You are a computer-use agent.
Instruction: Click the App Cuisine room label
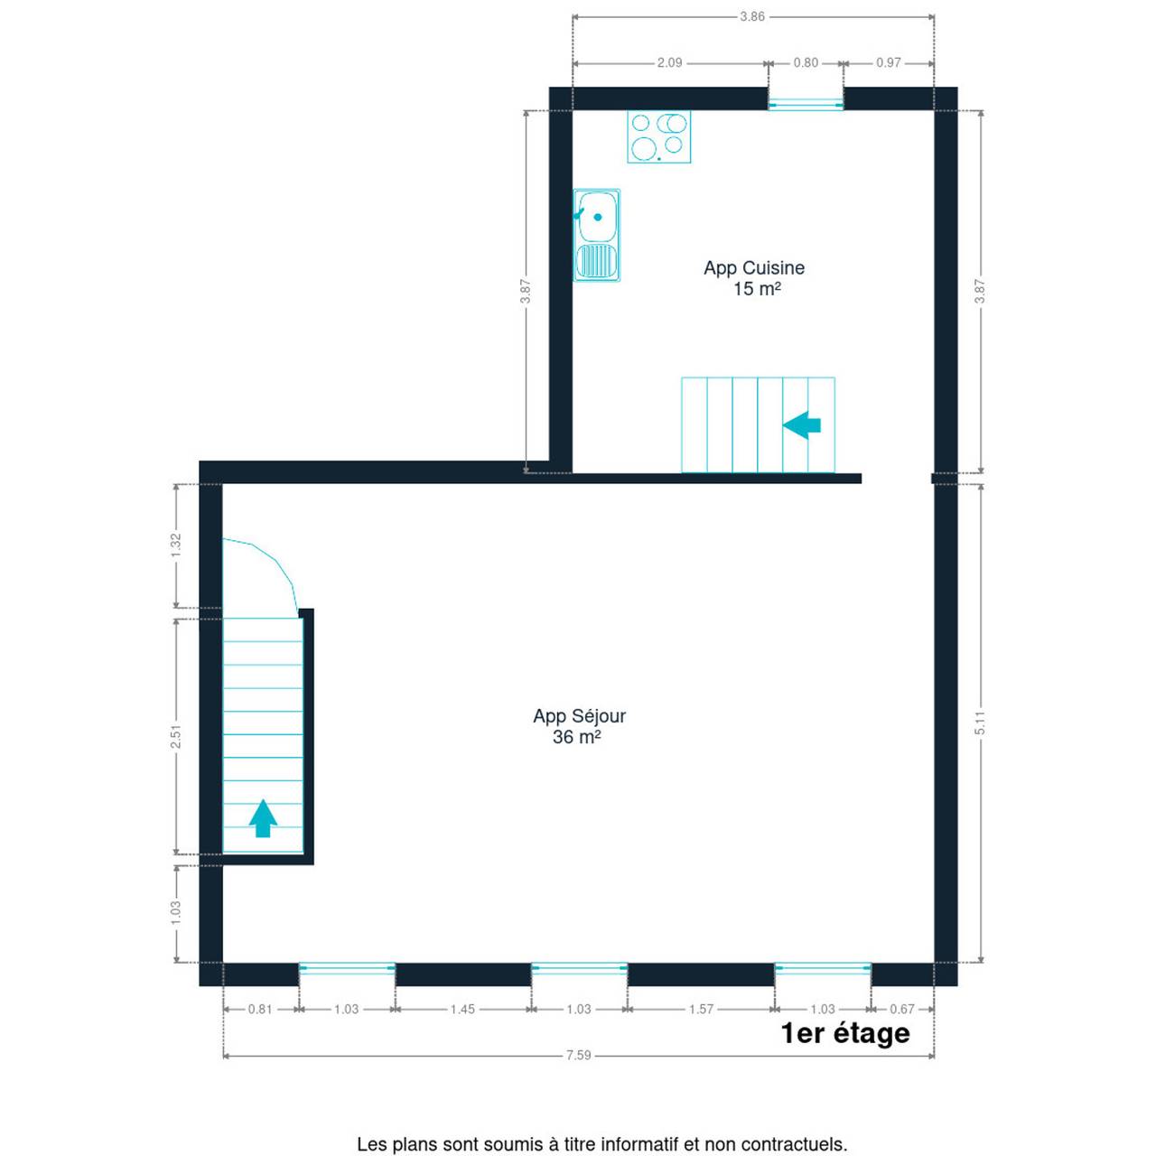(x=753, y=277)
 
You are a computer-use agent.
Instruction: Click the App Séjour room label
(x=579, y=725)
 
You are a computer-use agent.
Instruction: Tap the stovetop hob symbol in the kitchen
(x=658, y=136)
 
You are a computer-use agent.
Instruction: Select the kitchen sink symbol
(x=596, y=235)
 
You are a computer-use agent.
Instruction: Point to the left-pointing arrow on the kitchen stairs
(x=801, y=424)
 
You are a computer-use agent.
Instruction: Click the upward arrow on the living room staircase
(x=263, y=817)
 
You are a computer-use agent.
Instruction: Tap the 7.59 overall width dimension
(x=578, y=1055)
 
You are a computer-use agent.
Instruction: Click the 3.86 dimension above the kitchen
(x=751, y=17)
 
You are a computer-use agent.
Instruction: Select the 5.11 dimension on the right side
(x=980, y=722)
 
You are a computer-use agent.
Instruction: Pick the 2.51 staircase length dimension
(x=176, y=736)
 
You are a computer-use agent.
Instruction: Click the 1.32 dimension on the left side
(x=176, y=545)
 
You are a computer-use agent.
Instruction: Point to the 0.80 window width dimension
(x=806, y=63)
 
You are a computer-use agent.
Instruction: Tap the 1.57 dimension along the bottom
(x=701, y=1009)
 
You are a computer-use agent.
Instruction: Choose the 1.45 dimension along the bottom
(x=462, y=1009)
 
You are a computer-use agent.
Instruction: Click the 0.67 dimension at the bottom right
(x=902, y=1009)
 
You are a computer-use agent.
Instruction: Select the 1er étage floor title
(x=845, y=1032)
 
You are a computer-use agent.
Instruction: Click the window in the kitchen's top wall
(x=806, y=105)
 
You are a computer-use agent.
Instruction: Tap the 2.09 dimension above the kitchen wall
(x=669, y=63)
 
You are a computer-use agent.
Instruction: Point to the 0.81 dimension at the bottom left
(x=260, y=1009)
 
